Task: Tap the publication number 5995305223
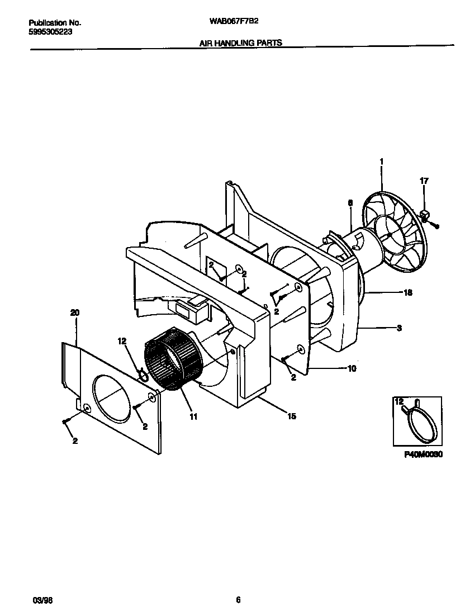(x=50, y=32)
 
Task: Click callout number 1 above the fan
(x=381, y=162)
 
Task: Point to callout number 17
(x=424, y=180)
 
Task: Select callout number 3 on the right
(x=399, y=328)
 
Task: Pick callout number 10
(x=352, y=368)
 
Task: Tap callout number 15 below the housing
(x=292, y=416)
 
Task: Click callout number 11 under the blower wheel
(x=193, y=416)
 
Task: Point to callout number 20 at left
(x=75, y=314)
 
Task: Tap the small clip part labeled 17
(x=425, y=214)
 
